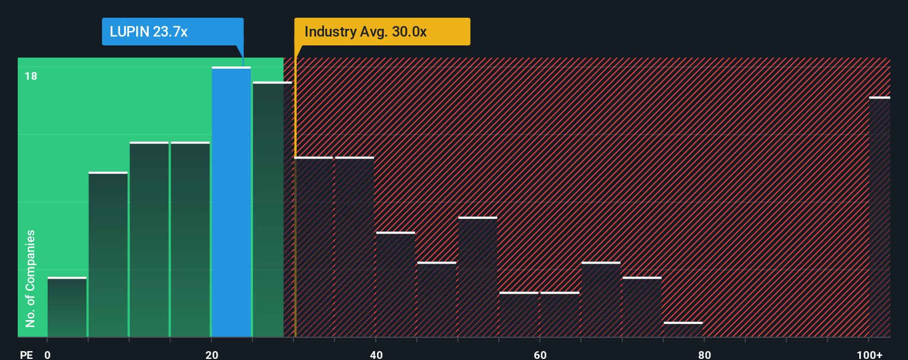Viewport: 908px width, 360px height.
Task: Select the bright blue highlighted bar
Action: (231, 202)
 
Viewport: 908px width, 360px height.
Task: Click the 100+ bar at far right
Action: (879, 217)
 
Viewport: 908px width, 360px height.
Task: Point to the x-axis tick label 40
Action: (376, 354)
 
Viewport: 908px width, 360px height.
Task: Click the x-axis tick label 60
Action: (540, 354)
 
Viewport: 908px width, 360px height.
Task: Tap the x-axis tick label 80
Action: (704, 354)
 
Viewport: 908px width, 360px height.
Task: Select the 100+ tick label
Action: (869, 354)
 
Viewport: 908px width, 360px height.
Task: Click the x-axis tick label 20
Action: (211, 354)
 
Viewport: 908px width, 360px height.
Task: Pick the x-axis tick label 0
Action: (48, 354)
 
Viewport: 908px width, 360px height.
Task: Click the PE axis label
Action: (27, 354)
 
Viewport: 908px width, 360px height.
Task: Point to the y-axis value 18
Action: (31, 76)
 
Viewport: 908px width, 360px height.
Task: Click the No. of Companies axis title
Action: (30, 278)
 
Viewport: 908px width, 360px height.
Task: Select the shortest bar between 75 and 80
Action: (683, 330)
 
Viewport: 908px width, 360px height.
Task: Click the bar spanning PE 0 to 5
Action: (67, 307)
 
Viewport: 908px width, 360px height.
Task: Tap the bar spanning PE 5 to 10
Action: (108, 255)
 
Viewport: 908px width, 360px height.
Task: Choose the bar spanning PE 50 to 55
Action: (478, 277)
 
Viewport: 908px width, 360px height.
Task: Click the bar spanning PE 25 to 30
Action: (272, 209)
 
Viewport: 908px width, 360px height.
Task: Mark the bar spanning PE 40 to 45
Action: (395, 285)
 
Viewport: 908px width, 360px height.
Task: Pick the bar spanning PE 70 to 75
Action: (642, 307)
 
